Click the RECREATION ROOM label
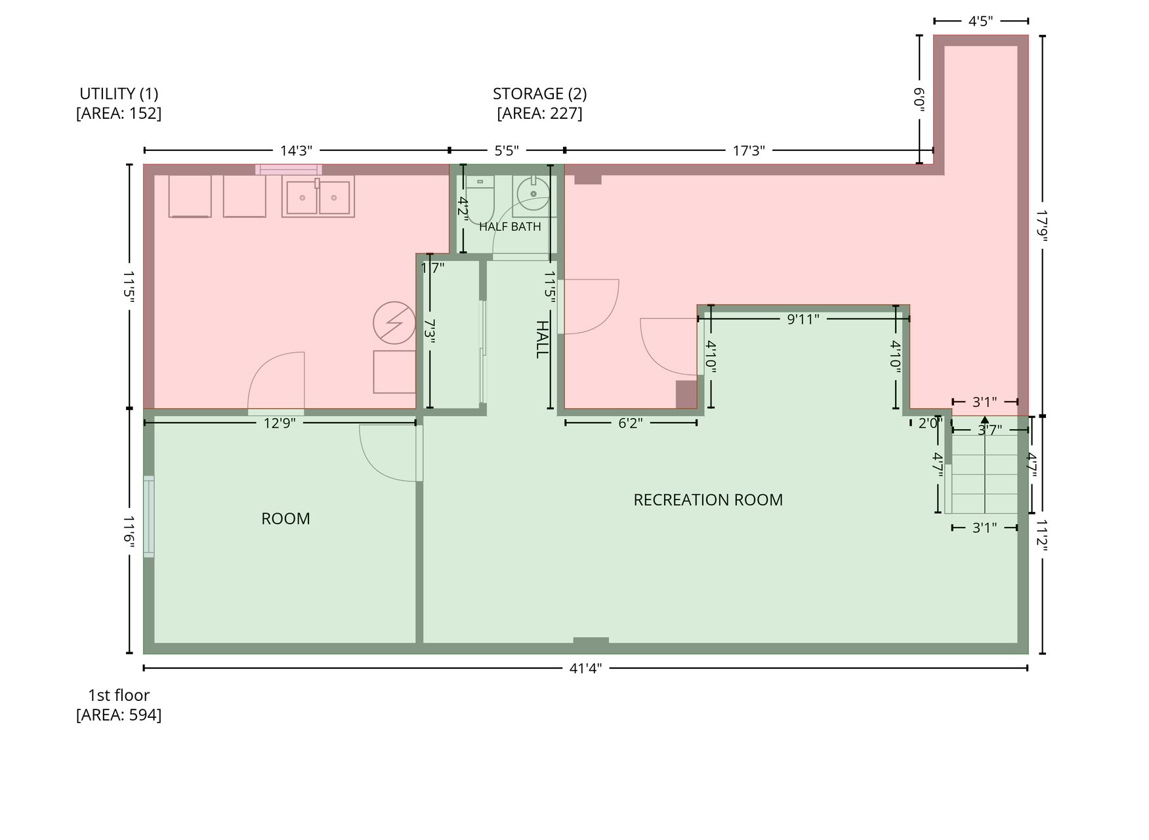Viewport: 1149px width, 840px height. (708, 500)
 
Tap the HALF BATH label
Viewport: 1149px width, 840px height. (510, 226)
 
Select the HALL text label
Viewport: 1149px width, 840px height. (542, 339)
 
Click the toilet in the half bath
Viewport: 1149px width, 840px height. (480, 197)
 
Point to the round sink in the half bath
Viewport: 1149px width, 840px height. (533, 193)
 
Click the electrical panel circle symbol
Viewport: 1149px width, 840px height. (394, 323)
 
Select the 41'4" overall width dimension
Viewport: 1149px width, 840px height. (585, 669)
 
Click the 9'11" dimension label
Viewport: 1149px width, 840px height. (803, 320)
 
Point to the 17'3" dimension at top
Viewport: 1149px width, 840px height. (749, 151)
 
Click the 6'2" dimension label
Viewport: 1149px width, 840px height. (630, 423)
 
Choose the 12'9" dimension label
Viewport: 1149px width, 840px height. (280, 423)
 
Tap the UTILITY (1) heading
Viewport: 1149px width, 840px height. (119, 94)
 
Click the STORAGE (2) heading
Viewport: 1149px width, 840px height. (539, 94)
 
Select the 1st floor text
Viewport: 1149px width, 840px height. (119, 696)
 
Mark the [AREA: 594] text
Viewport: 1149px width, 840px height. (119, 715)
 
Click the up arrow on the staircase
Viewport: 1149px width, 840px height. (984, 420)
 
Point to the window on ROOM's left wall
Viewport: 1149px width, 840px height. (149, 516)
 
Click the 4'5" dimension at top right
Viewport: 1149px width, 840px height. (980, 22)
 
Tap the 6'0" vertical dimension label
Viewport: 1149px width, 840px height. (919, 99)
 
